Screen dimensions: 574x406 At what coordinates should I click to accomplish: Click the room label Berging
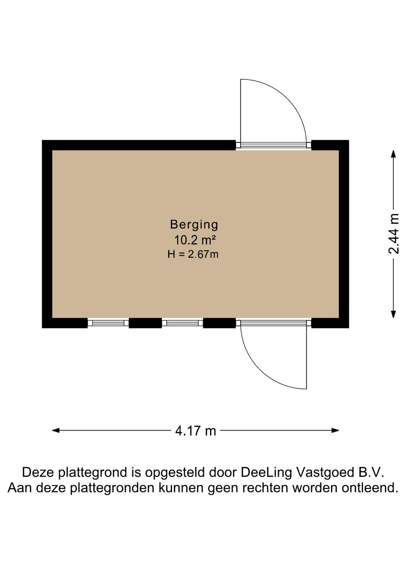tap(194, 225)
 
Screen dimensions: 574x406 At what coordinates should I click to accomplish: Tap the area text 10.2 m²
tap(195, 240)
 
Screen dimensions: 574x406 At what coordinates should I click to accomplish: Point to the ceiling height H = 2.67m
tap(193, 254)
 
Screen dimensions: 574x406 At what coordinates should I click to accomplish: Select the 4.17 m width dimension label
tap(196, 431)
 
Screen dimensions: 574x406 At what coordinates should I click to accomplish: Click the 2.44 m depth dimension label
tap(393, 234)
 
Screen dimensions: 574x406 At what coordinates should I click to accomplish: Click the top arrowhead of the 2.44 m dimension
tap(393, 154)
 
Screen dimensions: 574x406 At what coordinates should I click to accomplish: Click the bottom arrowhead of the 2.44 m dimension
tap(393, 314)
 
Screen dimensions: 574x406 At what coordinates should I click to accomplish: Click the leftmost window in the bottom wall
tap(108, 323)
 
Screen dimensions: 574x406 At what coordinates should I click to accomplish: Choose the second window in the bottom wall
tap(182, 323)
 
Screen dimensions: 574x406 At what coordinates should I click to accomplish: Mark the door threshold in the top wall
tap(274, 145)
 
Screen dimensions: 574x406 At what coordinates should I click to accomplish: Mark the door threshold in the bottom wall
tap(274, 323)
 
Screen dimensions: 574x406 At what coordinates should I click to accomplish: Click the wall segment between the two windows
tap(145, 323)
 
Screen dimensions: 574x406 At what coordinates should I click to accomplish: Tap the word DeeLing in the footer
tap(266, 473)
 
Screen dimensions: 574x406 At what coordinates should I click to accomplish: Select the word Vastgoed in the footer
tap(323, 473)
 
